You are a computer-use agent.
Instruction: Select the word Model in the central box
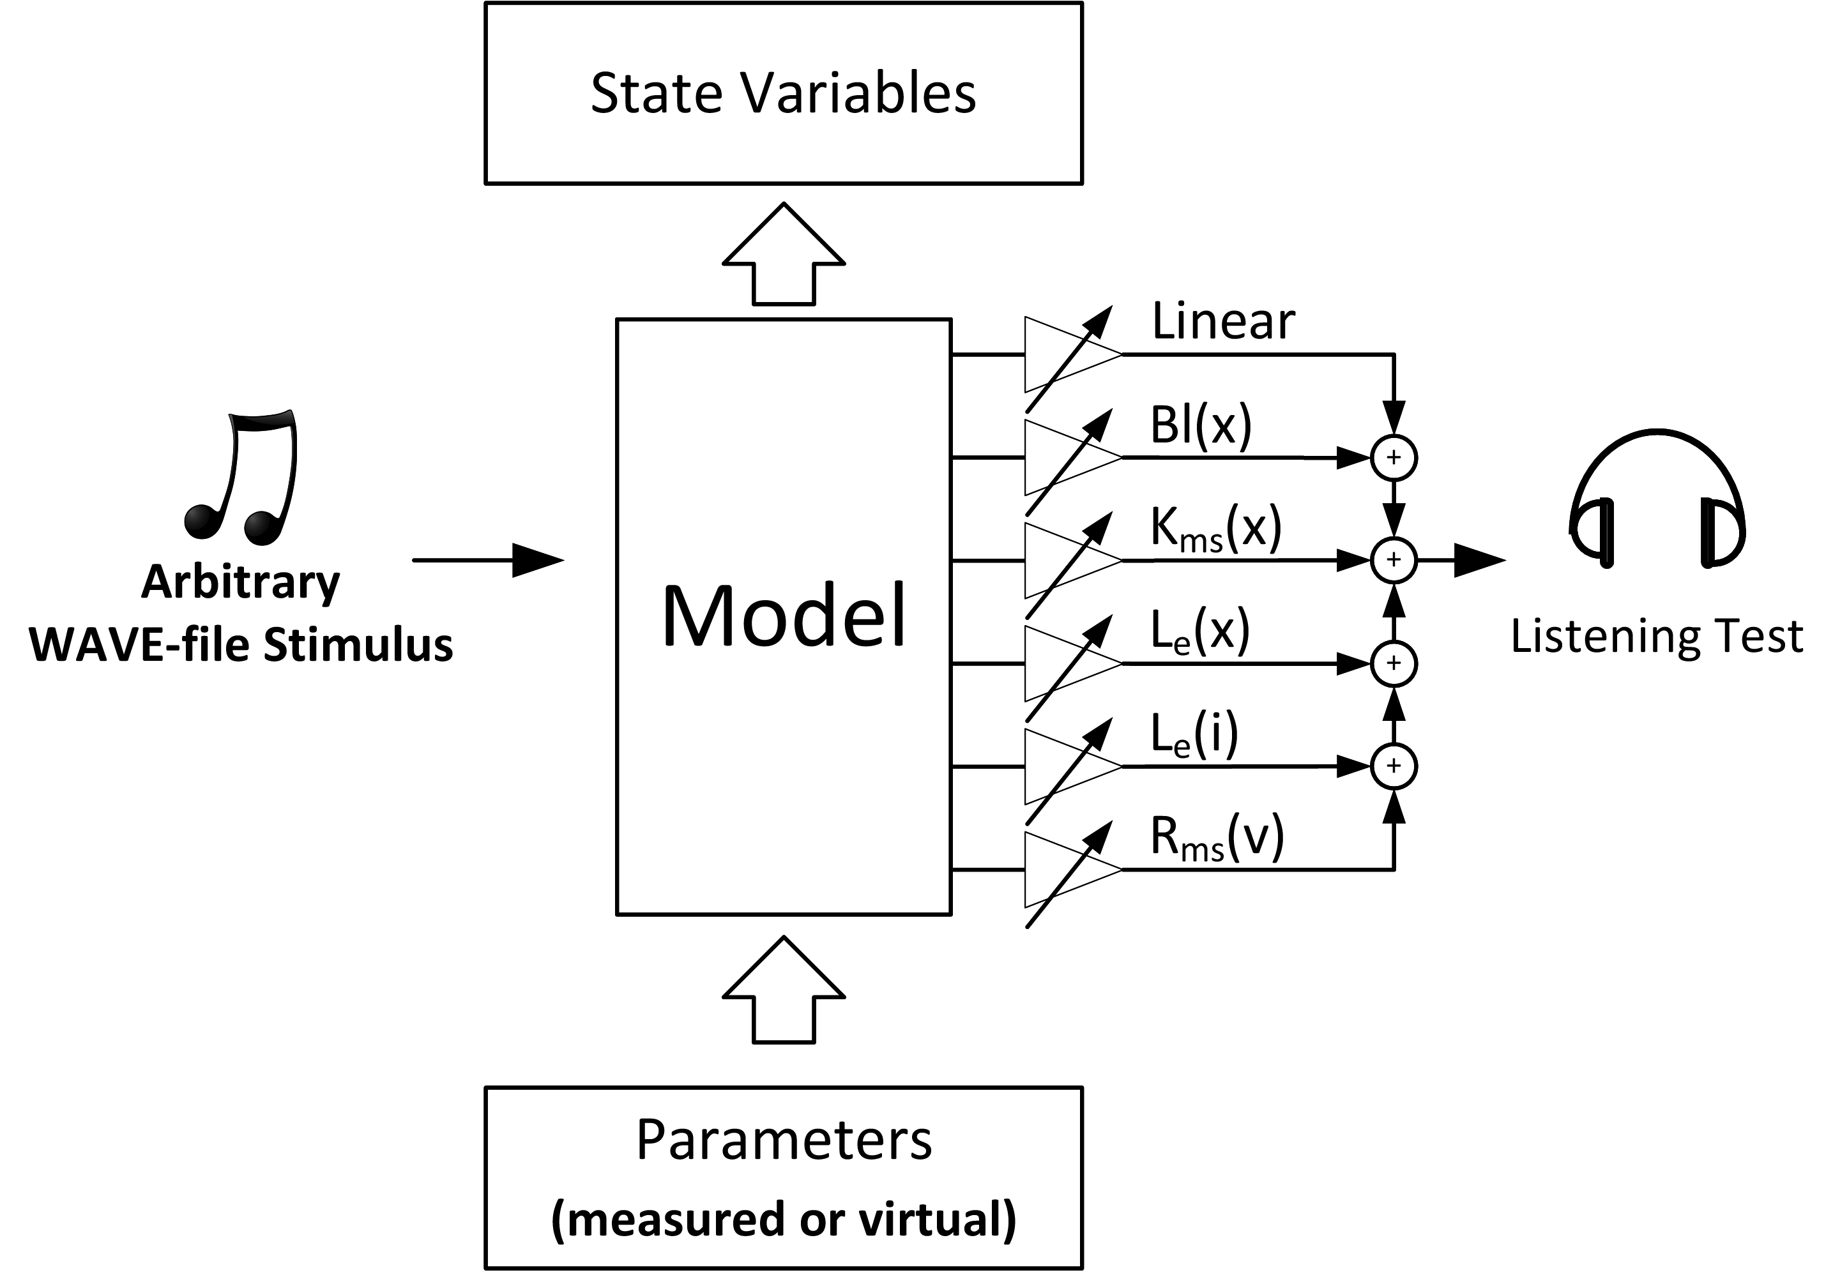(784, 617)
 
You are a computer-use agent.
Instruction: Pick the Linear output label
(1223, 322)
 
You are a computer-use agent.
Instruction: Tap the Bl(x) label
(1201, 425)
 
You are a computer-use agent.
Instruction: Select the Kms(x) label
(1215, 529)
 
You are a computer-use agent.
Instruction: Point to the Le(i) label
(1194, 735)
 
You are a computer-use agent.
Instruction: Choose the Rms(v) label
(1217, 838)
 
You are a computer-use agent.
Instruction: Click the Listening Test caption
(1657, 637)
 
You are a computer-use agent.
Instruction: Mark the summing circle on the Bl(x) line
(1394, 457)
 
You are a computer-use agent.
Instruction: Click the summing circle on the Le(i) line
(1394, 766)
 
